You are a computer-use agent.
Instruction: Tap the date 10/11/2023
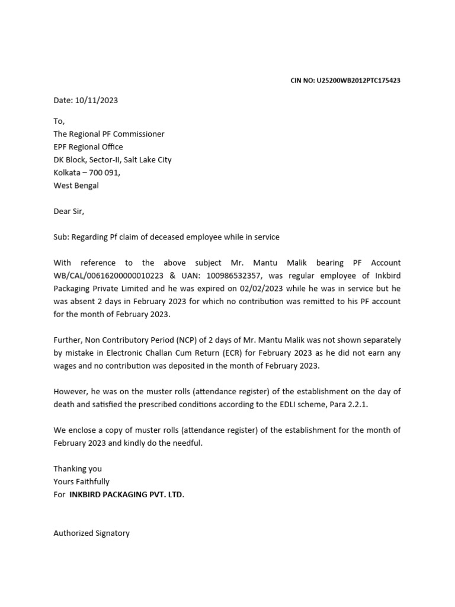[97, 100]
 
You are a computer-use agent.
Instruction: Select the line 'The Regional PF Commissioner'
[109, 134]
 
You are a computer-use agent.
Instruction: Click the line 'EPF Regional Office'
[88, 147]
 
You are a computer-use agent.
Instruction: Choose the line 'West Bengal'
[76, 186]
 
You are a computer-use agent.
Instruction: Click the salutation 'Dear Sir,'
[69, 211]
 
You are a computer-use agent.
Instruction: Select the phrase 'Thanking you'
[78, 469]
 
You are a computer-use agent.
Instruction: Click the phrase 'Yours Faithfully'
[81, 482]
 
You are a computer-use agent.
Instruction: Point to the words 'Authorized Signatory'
[91, 533]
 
